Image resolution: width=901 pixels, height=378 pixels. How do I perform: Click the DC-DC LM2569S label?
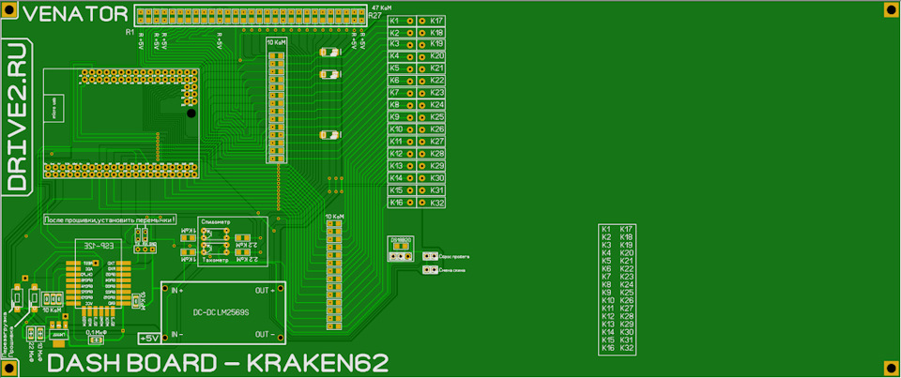point(221,311)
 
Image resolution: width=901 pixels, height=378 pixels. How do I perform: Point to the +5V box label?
point(149,338)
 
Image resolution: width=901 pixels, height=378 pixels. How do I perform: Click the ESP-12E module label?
point(95,244)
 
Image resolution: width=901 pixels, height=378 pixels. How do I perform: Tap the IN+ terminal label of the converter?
point(176,291)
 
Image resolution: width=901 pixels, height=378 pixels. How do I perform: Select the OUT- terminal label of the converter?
point(266,334)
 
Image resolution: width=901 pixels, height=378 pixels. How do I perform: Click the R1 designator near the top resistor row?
point(130,33)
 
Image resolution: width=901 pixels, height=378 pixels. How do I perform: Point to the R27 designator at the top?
point(374,16)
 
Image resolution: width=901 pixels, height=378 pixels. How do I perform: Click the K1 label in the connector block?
point(395,21)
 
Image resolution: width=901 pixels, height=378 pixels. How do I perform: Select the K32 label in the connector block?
point(437,203)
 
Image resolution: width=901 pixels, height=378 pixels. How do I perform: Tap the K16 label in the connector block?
point(396,203)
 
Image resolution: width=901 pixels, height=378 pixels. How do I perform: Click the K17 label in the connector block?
point(437,21)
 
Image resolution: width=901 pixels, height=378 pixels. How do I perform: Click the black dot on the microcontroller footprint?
point(191,113)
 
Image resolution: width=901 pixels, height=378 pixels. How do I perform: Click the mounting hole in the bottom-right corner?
point(890,368)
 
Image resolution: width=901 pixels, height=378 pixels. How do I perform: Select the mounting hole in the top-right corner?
point(890,9)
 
